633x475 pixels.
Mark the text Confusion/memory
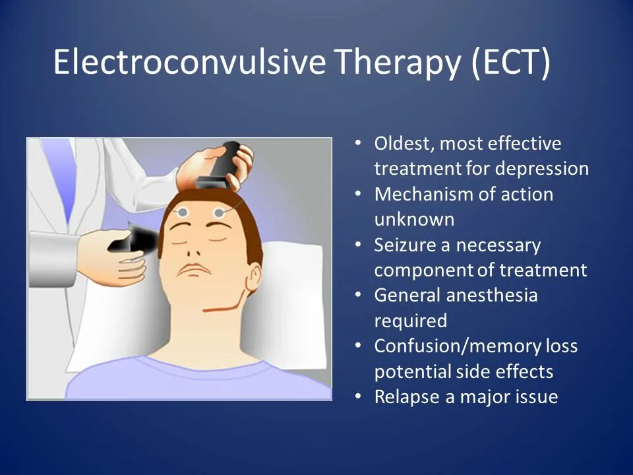[x=448, y=346]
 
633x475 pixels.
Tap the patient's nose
[x=193, y=249]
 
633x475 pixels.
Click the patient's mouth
[x=195, y=270]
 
